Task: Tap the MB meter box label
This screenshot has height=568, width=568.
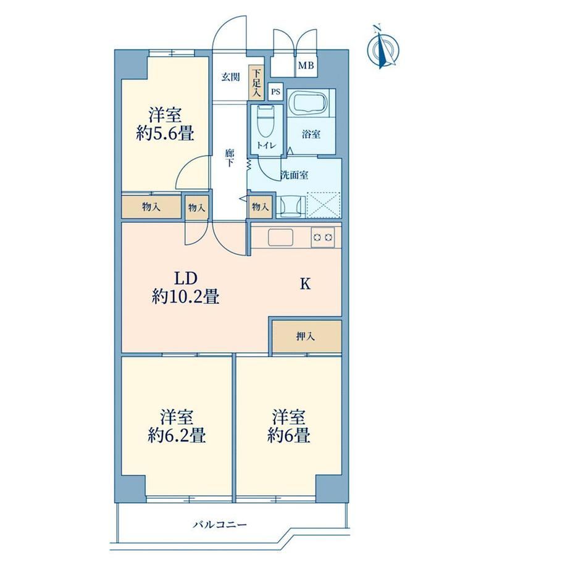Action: (306, 66)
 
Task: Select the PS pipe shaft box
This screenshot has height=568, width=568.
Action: (275, 91)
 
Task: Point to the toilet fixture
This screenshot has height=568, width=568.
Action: (266, 124)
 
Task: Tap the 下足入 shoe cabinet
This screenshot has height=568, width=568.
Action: (256, 83)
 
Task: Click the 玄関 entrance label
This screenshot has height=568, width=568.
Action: (230, 77)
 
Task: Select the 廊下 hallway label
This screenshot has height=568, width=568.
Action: (229, 158)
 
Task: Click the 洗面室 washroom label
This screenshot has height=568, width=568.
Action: (294, 175)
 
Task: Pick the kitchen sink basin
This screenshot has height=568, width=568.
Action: (280, 238)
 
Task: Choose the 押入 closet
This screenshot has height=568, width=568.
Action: (306, 336)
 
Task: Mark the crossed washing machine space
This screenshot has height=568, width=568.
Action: (324, 205)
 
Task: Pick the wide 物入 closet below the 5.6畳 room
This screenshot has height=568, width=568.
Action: (151, 207)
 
